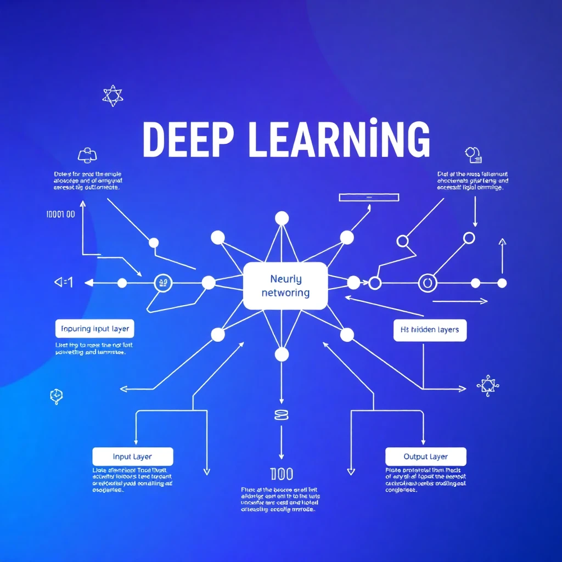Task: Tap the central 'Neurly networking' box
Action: click(285, 286)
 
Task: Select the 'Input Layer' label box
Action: click(133, 457)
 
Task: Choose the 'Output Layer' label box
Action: click(425, 457)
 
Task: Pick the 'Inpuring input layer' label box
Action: click(95, 329)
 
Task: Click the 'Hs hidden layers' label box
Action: click(430, 330)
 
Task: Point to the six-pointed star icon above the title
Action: click(113, 95)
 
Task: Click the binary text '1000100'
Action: click(61, 214)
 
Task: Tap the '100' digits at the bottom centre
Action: click(282, 474)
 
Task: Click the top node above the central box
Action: click(282, 218)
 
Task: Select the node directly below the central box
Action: click(282, 355)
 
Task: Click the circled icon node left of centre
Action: click(163, 283)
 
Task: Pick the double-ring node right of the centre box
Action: click(426, 283)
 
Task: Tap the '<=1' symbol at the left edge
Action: click(64, 283)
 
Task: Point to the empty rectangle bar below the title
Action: click(363, 197)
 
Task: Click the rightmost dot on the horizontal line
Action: click(502, 283)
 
